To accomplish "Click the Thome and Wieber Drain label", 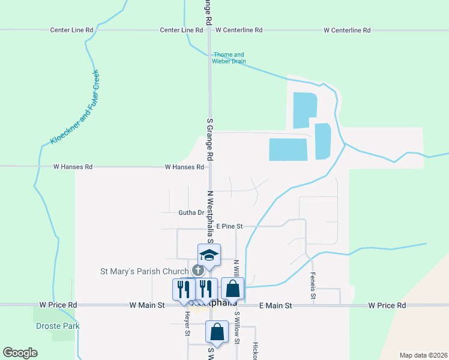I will tap(229, 58).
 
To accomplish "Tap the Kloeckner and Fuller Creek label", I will tap(75, 109).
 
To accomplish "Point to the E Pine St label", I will tap(229, 226).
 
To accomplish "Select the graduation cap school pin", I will tap(209, 255).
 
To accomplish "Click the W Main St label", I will tap(147, 305).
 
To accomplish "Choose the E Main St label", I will tap(276, 305).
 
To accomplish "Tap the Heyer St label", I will tap(187, 324).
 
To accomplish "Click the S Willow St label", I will tap(237, 328).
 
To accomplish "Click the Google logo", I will tap(20, 353).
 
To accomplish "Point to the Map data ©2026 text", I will tap(423, 355).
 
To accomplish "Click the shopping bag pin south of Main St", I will tap(217, 332).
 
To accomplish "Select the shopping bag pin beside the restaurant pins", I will tap(233, 289).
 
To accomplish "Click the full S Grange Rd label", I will tap(210, 139).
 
